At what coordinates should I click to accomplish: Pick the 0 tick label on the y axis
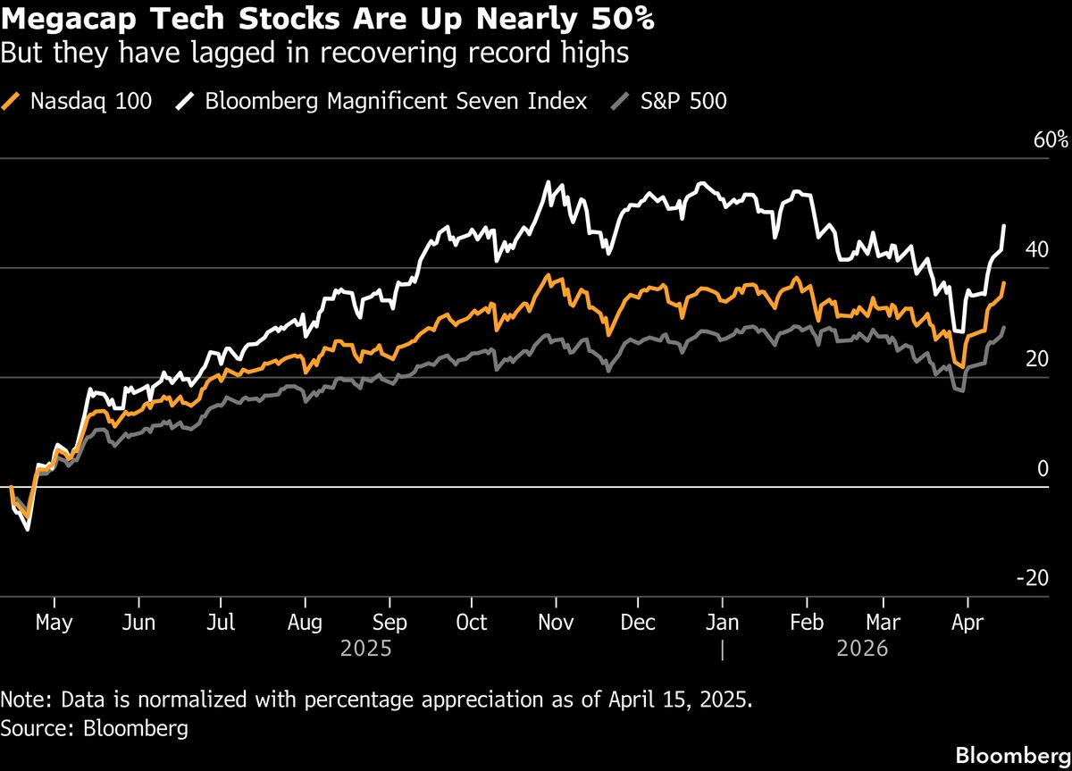[x=1041, y=469]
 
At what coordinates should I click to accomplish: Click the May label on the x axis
[x=54, y=622]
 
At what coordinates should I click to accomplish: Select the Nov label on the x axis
[x=557, y=622]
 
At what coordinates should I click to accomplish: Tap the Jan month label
[x=722, y=622]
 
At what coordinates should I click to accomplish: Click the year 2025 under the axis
[x=365, y=649]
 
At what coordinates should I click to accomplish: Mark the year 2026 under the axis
[x=862, y=649]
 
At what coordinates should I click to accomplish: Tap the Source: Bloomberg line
[x=95, y=728]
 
